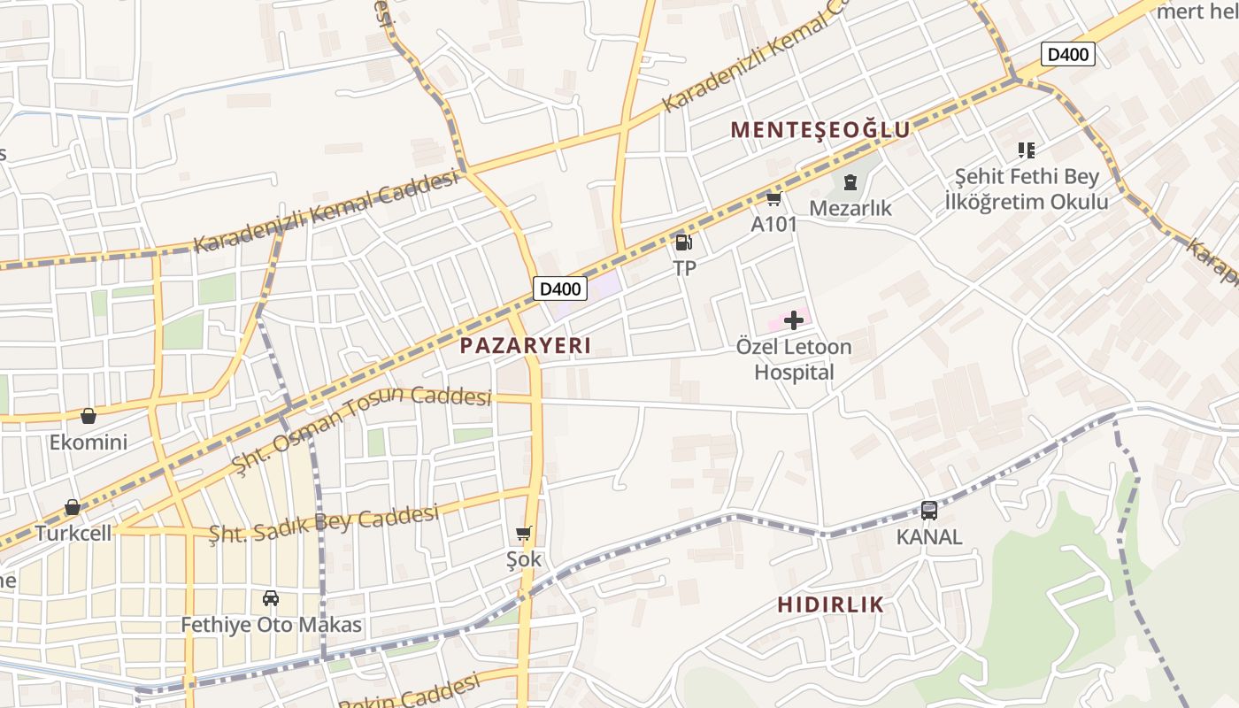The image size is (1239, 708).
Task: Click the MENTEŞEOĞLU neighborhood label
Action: coord(820,130)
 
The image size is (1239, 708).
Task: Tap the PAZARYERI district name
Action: coord(526,346)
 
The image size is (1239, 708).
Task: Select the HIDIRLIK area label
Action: coord(830,605)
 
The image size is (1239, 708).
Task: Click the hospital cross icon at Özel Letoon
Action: coord(794,319)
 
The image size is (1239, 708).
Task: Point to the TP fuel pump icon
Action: coord(683,242)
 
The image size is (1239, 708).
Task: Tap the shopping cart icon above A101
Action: coord(773,199)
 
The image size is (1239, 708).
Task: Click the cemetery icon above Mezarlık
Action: coord(850,183)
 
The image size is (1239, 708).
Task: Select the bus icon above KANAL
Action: coord(928,511)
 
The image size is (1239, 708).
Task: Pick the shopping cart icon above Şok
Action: coord(523,533)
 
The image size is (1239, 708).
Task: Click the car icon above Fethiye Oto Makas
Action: coord(271,598)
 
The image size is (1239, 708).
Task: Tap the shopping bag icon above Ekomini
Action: coord(88,416)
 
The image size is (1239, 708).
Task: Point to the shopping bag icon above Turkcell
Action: coord(73,507)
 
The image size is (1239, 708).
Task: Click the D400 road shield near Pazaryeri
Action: coord(560,289)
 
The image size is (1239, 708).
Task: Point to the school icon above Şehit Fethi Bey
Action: coord(1026,150)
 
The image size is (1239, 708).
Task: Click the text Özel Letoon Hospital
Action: coord(794,359)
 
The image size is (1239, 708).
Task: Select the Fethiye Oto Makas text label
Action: coord(271,625)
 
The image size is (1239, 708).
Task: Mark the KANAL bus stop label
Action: coord(928,537)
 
